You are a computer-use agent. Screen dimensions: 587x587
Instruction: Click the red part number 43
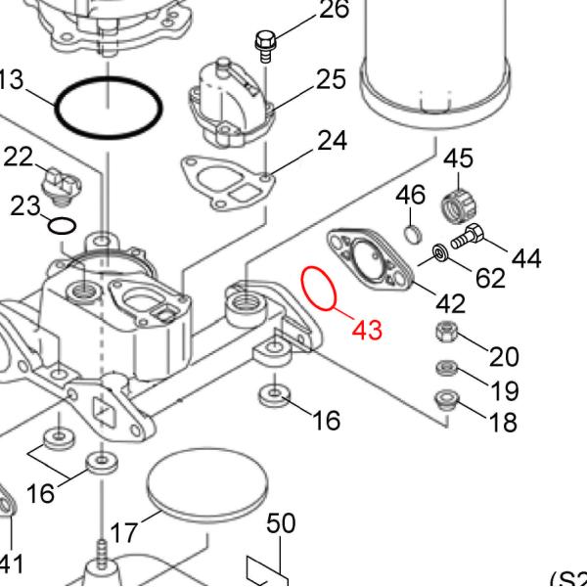366,330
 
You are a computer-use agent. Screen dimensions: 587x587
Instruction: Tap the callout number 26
334,11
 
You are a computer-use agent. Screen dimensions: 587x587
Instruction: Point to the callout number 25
332,79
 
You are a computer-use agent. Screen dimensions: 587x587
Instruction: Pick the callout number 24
332,142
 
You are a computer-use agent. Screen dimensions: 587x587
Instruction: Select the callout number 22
21,157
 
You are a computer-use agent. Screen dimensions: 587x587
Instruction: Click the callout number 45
459,158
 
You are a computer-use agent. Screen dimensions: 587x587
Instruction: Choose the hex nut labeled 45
458,205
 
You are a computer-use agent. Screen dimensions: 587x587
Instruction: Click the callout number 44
526,258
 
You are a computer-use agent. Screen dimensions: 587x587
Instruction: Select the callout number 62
490,277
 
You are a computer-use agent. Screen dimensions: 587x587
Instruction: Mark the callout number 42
450,302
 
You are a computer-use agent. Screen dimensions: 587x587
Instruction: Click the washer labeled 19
445,369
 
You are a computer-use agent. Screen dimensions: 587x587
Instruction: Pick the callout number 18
504,423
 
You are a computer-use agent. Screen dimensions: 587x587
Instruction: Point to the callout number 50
281,523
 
